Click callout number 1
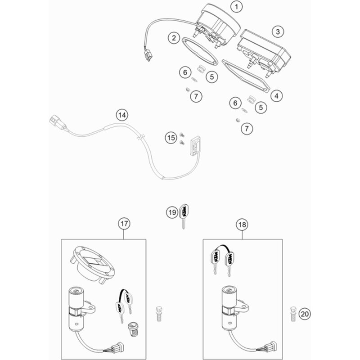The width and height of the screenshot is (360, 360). tap(236, 7)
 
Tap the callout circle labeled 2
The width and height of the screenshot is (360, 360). tap(174, 38)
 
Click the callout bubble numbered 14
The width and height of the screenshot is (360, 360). tap(120, 116)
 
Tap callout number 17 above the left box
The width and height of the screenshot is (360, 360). tap(124, 223)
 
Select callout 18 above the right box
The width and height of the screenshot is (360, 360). tap(242, 224)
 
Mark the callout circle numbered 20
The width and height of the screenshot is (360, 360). tap(305, 314)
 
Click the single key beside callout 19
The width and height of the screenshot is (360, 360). tap(184, 216)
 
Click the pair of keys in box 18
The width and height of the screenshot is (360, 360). tap(222, 260)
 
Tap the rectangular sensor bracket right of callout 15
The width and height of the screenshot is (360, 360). tap(195, 144)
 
